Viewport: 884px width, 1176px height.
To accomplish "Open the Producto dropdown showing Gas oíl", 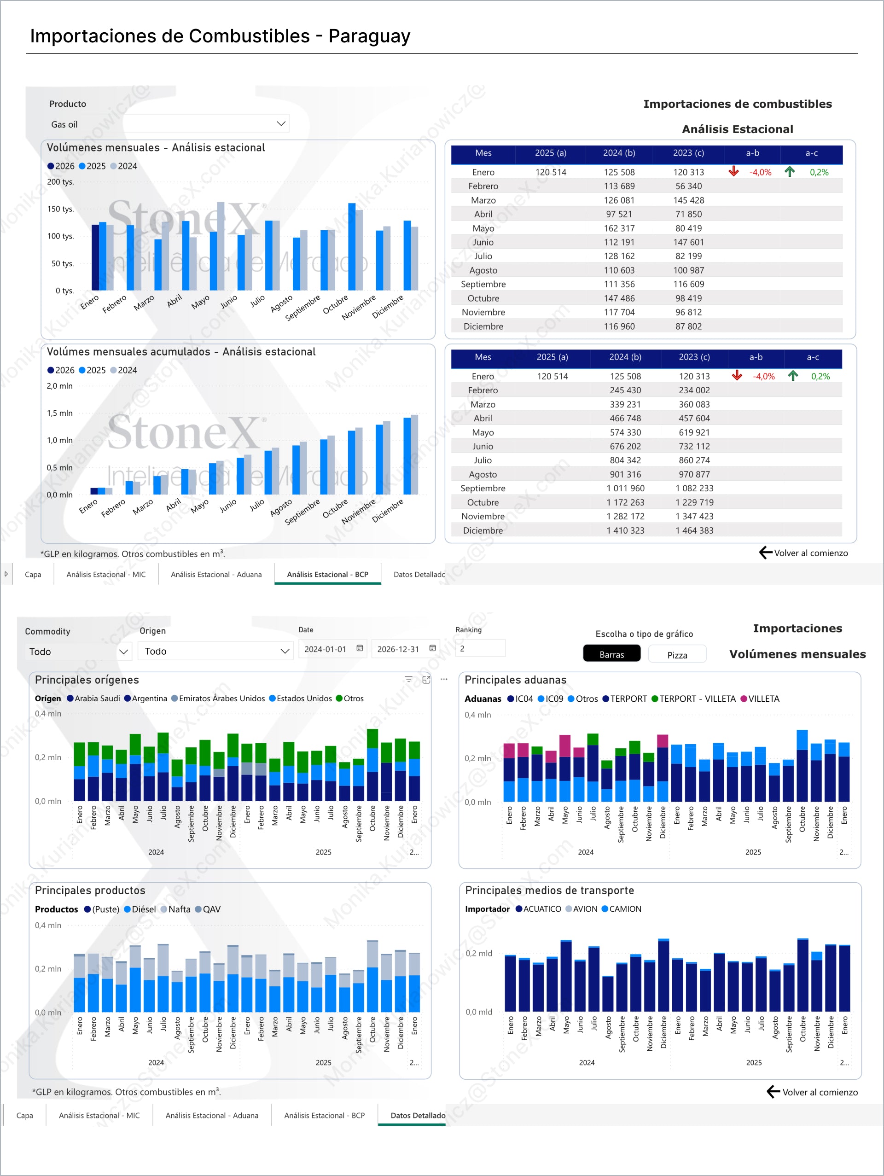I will coord(281,124).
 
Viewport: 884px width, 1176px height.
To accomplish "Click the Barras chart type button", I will coord(611,654).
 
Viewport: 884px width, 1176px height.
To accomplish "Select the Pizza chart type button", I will coord(677,655).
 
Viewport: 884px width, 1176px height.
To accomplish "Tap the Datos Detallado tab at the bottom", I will coord(417,1115).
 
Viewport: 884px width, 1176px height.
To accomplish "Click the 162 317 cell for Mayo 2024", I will coord(619,228).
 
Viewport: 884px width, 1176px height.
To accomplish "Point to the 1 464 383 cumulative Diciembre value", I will coord(694,530).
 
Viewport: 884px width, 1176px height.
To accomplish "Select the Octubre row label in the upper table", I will coord(483,298).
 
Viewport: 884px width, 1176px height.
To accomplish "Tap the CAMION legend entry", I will coord(625,909).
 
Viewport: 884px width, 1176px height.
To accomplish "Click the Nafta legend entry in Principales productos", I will coord(179,909).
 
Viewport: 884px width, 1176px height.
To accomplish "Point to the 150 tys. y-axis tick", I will coord(61,209).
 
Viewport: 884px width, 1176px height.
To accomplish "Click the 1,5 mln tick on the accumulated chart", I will coord(59,413).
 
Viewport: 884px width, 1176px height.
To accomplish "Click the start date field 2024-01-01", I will coord(326,649).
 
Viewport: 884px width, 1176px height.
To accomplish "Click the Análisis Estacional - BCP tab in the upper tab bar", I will coord(327,574).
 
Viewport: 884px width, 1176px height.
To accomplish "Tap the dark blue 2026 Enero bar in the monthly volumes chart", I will coord(95,257).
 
